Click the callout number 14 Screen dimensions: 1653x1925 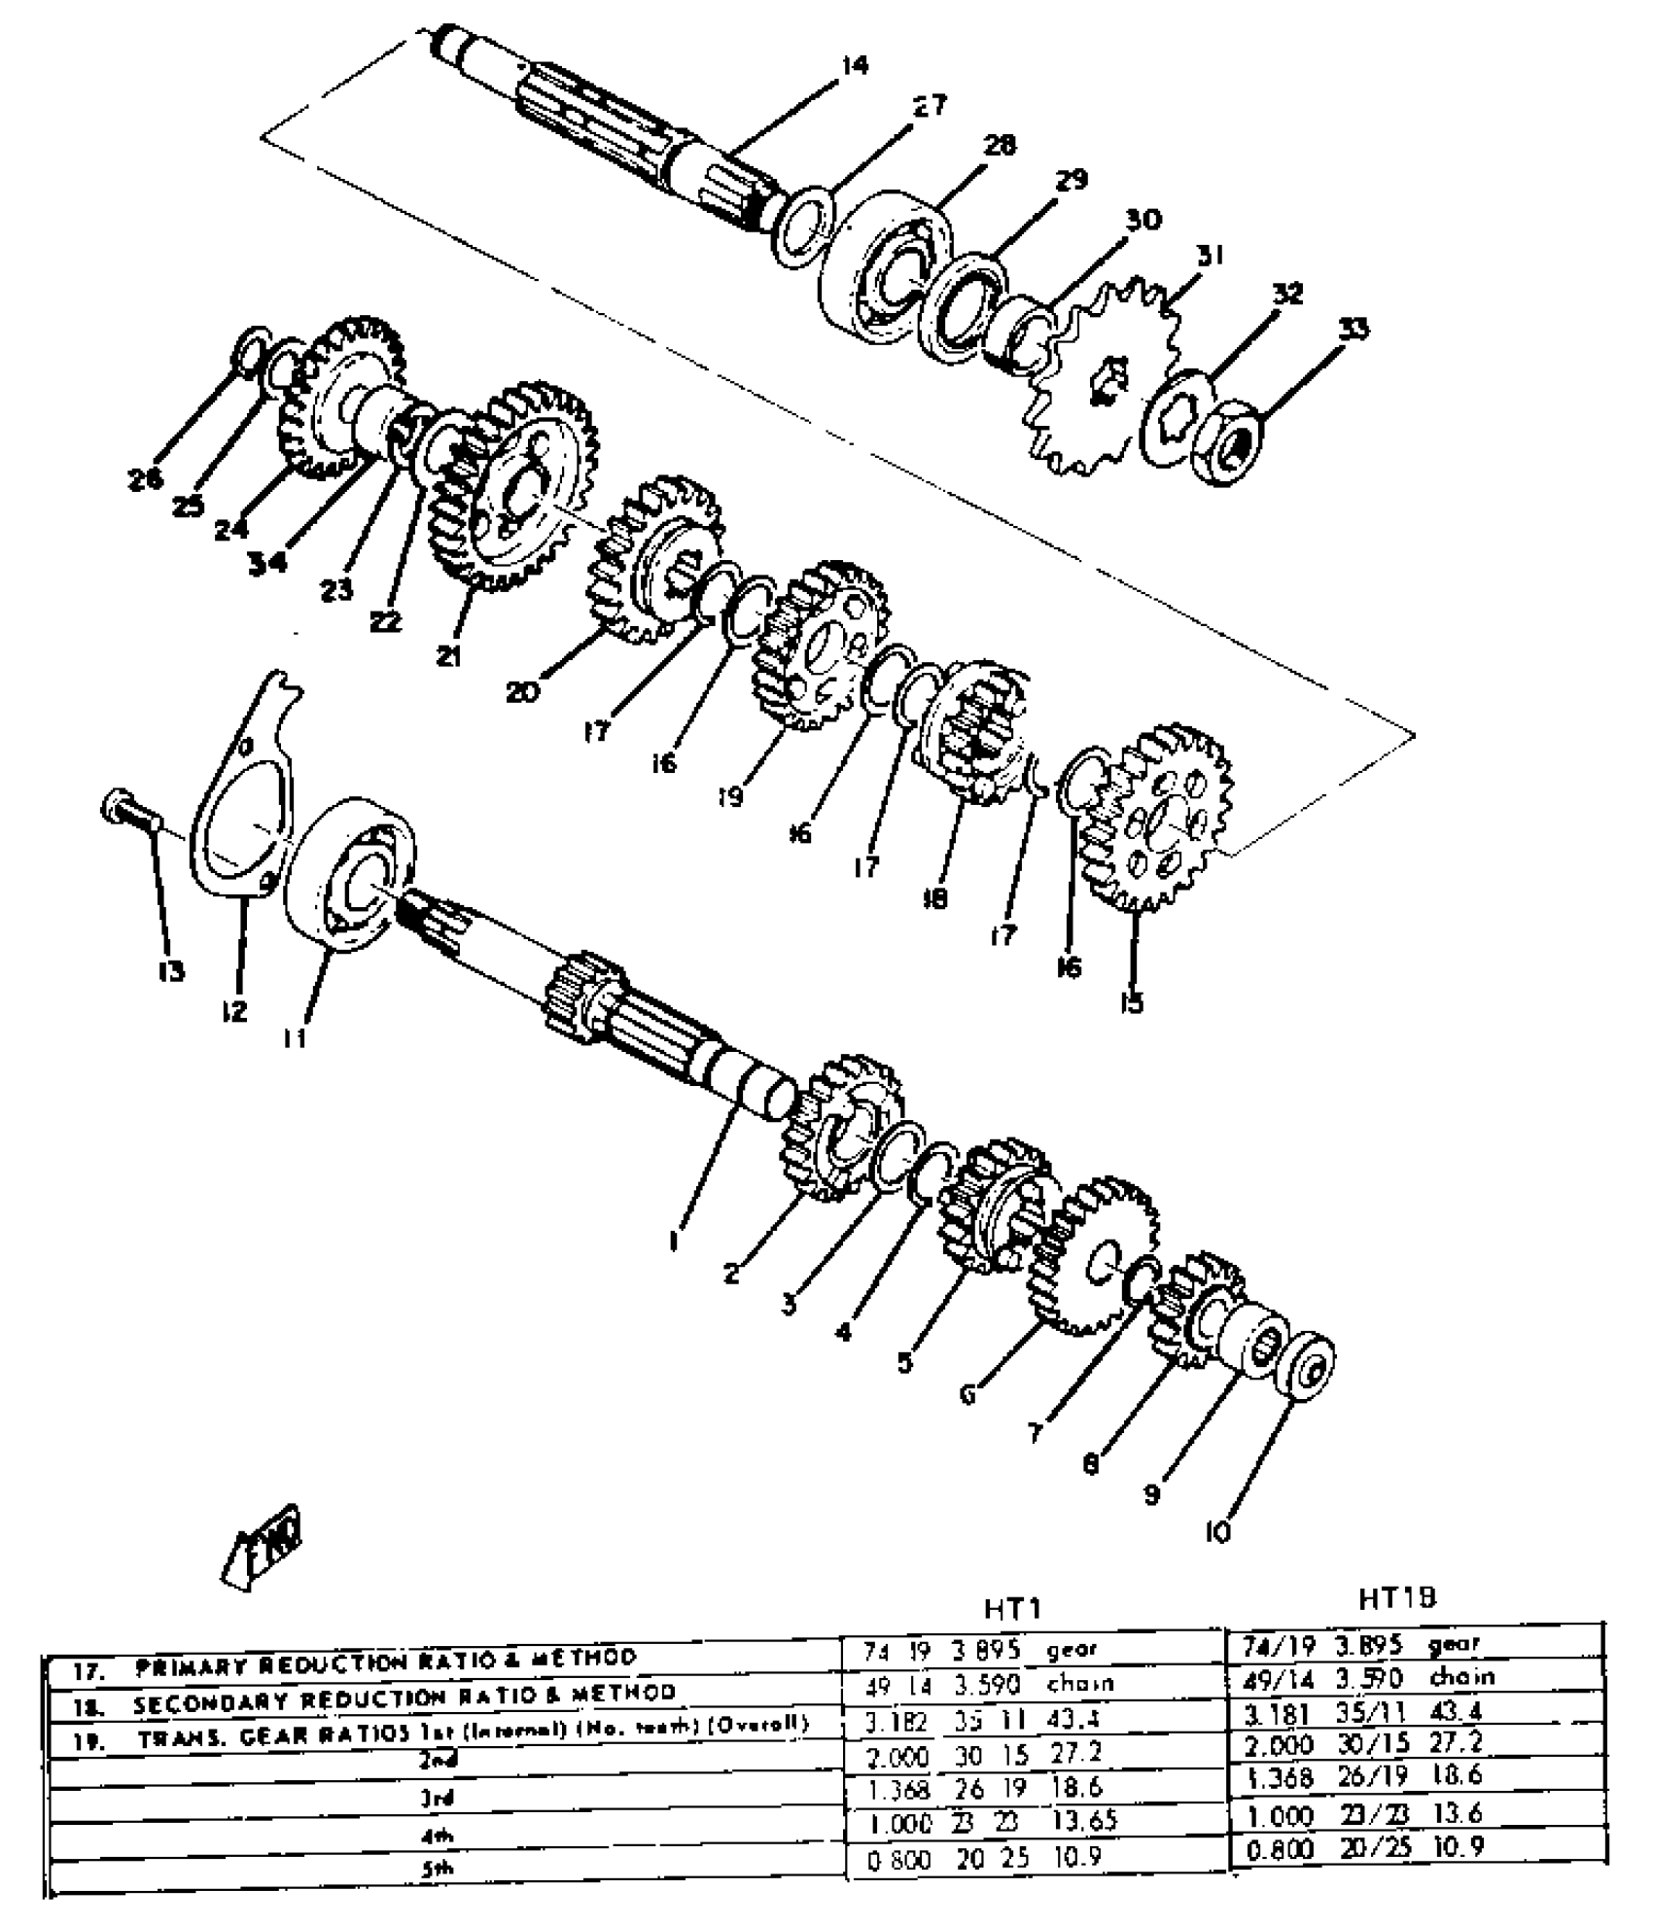(855, 65)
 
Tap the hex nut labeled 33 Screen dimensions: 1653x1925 (1229, 443)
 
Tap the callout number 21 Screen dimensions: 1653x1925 (447, 657)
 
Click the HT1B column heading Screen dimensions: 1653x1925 (1398, 1597)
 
